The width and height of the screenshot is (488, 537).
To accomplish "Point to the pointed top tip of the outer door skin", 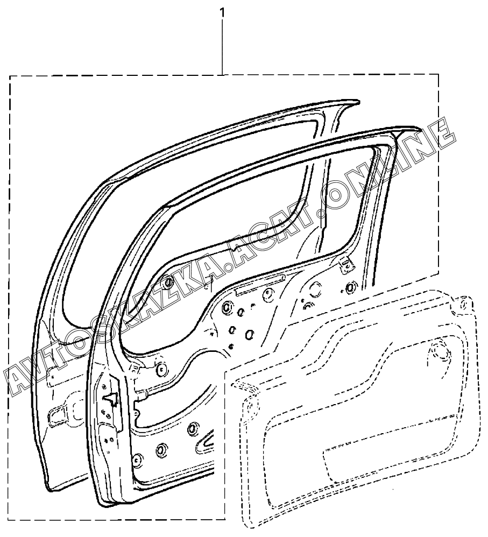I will pyautogui.click(x=352, y=102).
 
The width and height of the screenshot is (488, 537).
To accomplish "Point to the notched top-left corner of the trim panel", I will pyautogui.click(x=237, y=384).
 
